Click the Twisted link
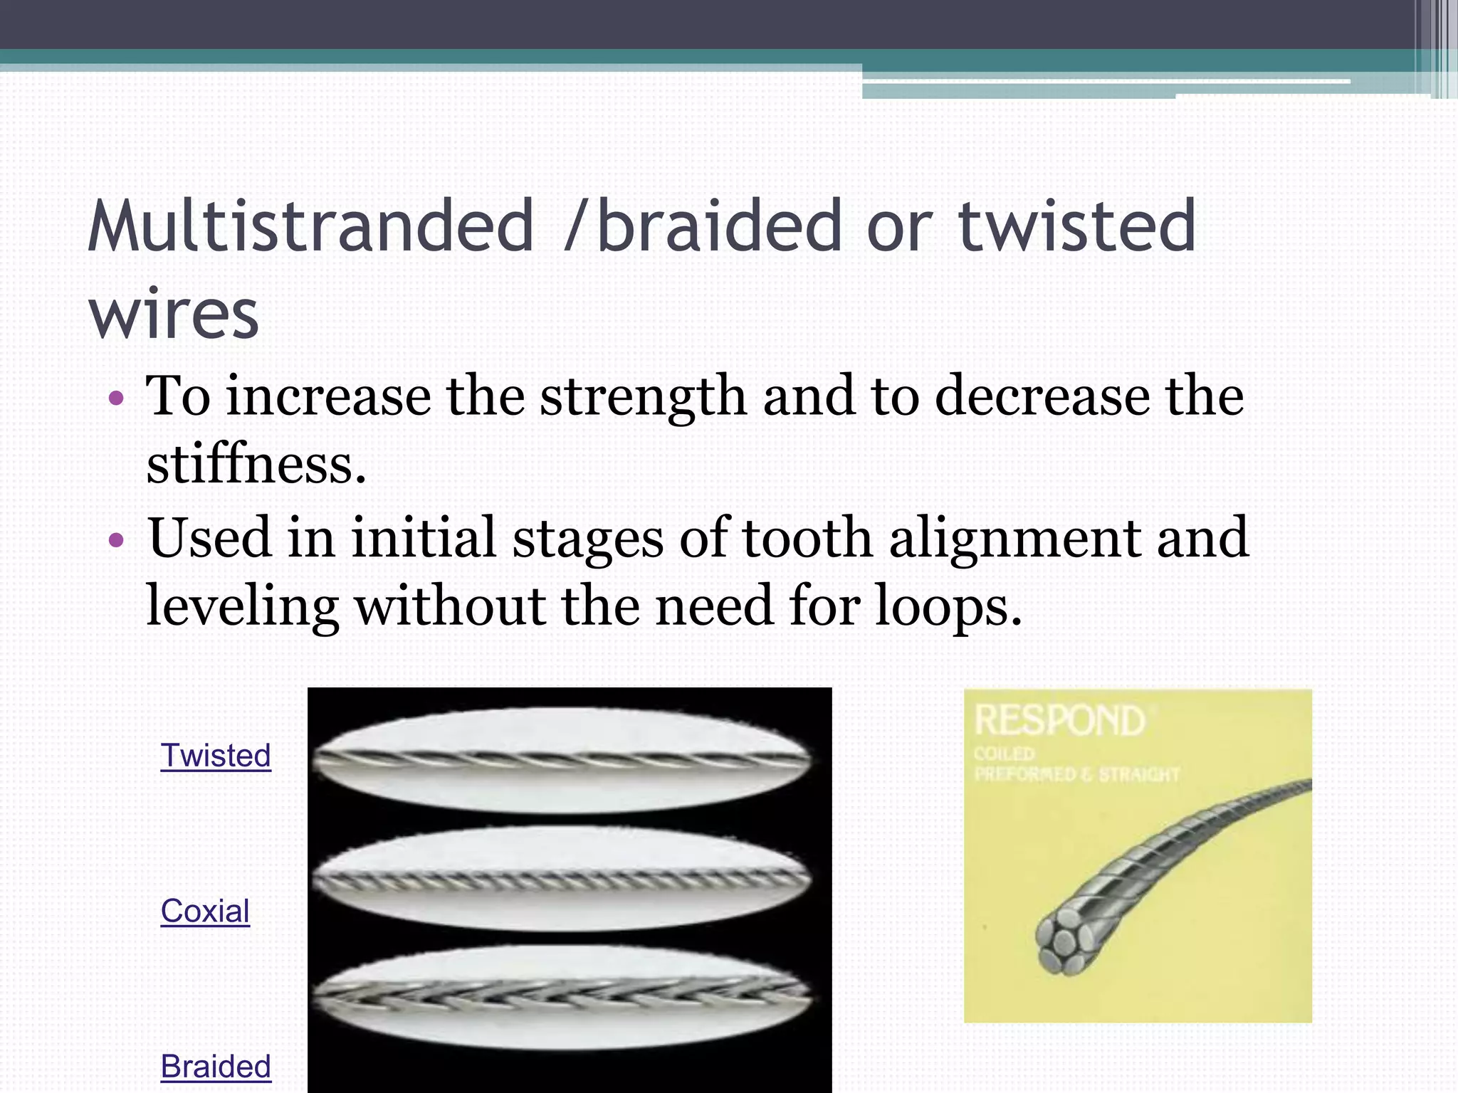[x=216, y=756]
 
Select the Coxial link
[x=205, y=912]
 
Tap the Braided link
[x=216, y=1067]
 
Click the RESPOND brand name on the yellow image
[x=1060, y=720]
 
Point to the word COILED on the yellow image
[x=1005, y=754]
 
